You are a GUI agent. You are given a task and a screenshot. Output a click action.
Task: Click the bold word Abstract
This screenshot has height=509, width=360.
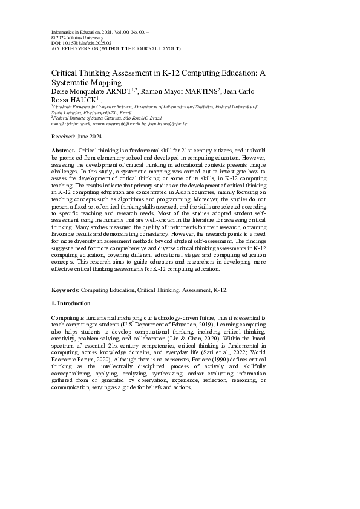click(x=64, y=149)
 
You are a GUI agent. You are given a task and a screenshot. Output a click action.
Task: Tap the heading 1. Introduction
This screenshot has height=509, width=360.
click(x=71, y=303)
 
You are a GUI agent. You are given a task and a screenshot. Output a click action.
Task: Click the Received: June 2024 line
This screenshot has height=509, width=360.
click(x=76, y=137)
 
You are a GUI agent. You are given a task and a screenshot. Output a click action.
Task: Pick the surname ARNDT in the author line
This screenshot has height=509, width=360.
click(x=124, y=91)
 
